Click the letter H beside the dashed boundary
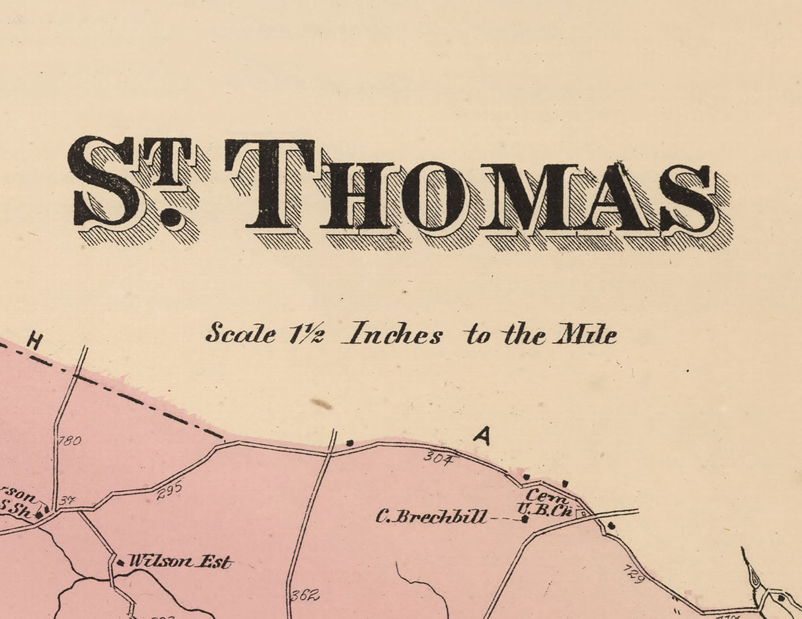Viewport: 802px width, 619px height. (x=34, y=342)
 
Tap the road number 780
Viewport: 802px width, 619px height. (x=69, y=440)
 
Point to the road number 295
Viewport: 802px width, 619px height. (x=170, y=491)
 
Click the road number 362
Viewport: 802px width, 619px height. (x=305, y=595)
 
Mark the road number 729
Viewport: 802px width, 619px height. (x=634, y=573)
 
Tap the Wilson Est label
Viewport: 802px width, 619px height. (x=180, y=562)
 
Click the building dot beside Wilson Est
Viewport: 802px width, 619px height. (x=120, y=563)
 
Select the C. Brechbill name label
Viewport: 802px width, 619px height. (x=431, y=517)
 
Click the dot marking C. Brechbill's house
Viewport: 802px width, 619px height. (x=525, y=519)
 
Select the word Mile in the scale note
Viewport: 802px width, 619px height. (x=585, y=334)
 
